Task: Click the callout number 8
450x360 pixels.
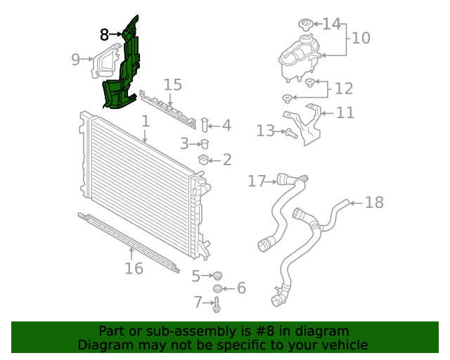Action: pos(104,33)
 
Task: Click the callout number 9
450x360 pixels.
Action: pos(76,60)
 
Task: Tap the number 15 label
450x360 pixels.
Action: pos(172,85)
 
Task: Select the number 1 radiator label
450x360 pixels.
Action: pos(145,121)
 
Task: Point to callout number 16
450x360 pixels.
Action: pos(134,268)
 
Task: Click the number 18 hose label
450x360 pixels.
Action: pos(375,202)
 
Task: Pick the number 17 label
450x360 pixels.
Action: pos(257,181)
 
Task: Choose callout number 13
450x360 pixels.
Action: pos(264,130)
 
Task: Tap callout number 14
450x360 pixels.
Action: pos(330,24)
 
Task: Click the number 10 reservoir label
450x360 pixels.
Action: pos(360,37)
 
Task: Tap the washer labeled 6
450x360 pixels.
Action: pos(218,288)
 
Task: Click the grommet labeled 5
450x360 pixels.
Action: pos(217,274)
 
